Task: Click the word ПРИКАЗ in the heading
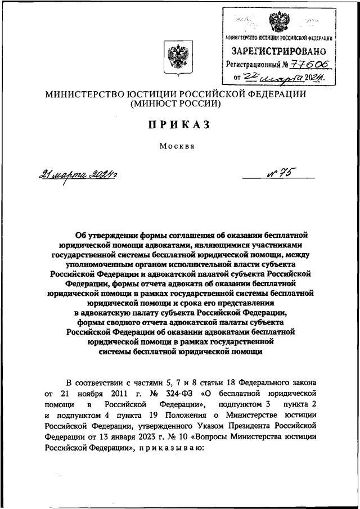tap(179, 125)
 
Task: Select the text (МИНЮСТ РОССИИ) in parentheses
tap(176, 103)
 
